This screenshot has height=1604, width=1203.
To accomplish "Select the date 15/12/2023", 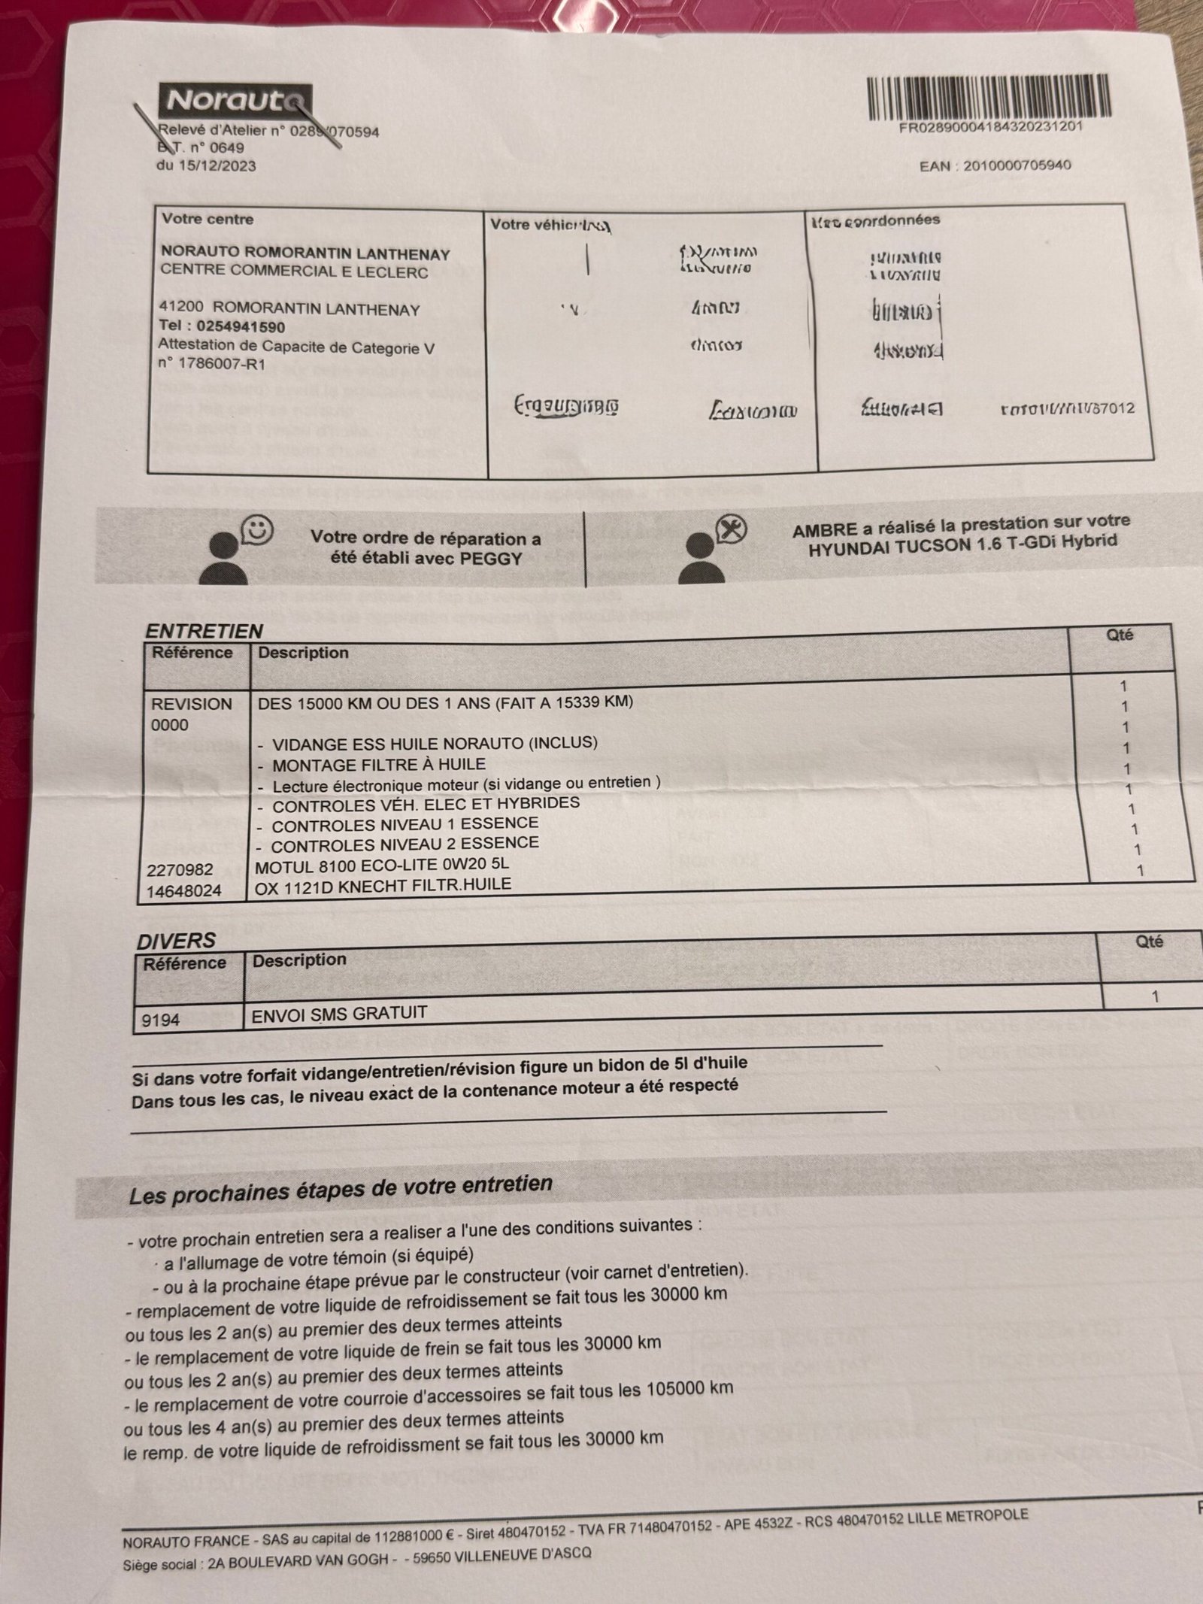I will [217, 165].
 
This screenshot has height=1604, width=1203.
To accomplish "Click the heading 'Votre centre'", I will [208, 220].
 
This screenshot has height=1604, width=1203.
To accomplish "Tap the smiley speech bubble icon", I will [258, 529].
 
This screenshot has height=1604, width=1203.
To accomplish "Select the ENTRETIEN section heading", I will [204, 631].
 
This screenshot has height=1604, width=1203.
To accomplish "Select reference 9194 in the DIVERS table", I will [161, 1020].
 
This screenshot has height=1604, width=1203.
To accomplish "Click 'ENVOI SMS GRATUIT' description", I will [339, 1013].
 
